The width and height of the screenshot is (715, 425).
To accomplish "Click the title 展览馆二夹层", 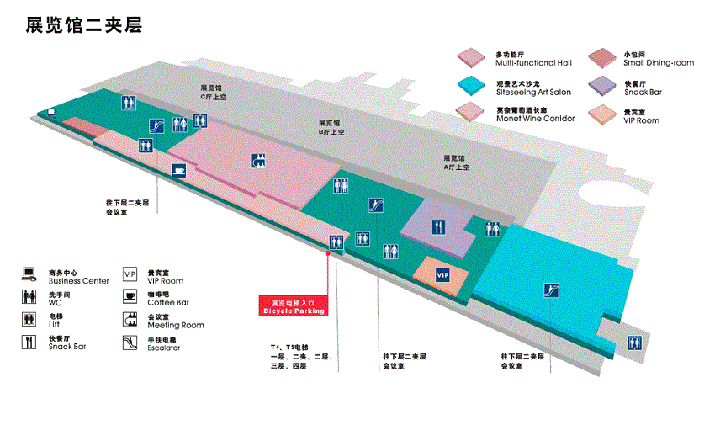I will click(83, 26).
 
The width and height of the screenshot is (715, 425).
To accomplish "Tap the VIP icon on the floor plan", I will click(442, 275).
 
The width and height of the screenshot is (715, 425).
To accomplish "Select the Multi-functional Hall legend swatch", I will click(472, 58).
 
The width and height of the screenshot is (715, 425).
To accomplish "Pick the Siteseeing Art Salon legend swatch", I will click(472, 86).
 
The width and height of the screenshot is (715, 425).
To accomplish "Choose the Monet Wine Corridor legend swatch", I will click(472, 112).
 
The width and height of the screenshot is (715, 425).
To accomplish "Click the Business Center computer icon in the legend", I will click(30, 274).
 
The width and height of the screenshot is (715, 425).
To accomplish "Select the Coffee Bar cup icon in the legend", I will click(130, 296).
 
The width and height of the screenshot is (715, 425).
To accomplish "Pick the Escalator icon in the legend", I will click(130, 342).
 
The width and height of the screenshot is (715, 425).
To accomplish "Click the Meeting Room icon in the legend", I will click(130, 319).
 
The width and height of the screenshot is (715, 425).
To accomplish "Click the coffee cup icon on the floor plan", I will click(178, 170).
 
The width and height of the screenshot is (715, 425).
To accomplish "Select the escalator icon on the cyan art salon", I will click(551, 292).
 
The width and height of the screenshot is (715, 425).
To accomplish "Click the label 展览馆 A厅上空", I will click(456, 162).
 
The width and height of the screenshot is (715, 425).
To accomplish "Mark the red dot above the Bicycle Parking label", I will click(327, 251).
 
